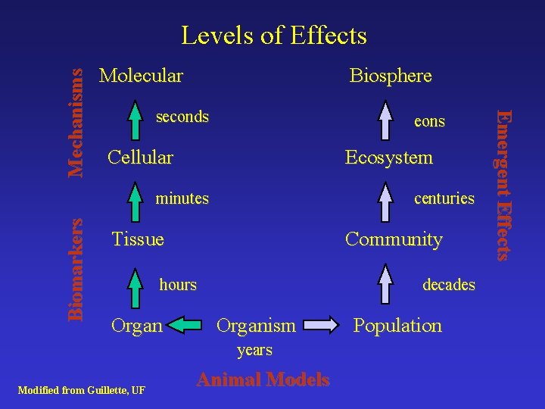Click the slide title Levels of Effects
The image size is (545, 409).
pos(274,36)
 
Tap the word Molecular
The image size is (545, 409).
pos(141,76)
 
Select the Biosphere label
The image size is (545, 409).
pos(390,76)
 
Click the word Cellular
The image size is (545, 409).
pos(140,158)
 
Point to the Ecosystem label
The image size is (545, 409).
pos(388,158)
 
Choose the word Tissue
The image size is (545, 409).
pos(137,239)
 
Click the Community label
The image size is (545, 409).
pos(394,239)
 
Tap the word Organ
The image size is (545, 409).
pos(136,326)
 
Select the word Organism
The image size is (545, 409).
pos(256,326)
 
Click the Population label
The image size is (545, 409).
pos(397,326)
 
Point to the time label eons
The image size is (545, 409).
pos(429,121)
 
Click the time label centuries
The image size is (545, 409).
pos(444,198)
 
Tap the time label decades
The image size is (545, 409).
pos(448,285)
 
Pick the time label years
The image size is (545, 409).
pos(254,350)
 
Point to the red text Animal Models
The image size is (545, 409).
pos(263,379)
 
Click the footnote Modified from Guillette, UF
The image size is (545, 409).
pos(81,390)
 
